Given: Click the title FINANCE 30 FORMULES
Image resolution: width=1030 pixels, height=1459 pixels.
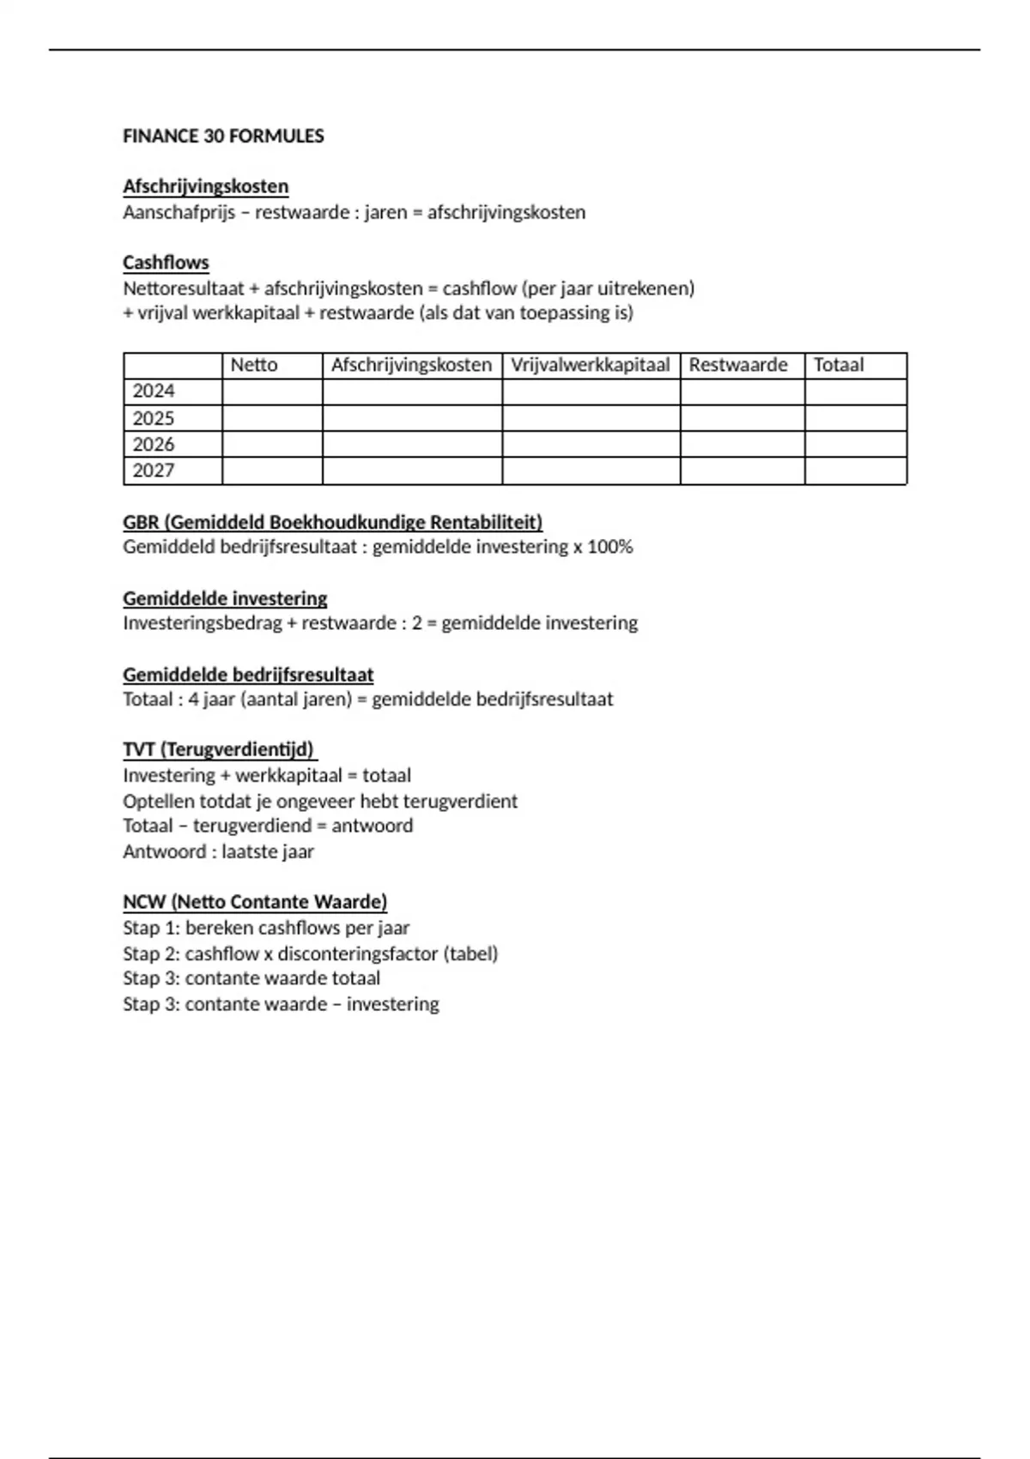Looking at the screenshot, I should (223, 136).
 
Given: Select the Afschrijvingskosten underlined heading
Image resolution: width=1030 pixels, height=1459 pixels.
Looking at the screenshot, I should (205, 186).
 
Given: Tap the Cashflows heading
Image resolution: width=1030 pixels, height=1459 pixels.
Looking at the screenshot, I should (166, 263).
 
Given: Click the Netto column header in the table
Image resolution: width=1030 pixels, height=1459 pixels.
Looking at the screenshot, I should (254, 365).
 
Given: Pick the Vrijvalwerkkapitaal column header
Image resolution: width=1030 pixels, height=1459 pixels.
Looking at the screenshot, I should (590, 365).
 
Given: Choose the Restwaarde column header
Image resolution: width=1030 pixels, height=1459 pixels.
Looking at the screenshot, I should (738, 365).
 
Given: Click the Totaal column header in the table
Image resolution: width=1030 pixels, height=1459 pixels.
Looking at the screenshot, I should (839, 365).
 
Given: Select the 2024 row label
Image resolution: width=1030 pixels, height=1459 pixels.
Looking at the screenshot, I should (154, 391).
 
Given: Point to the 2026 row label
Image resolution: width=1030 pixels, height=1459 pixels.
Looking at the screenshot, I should (154, 445).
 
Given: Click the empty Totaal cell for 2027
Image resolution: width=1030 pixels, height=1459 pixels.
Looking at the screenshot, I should (855, 471).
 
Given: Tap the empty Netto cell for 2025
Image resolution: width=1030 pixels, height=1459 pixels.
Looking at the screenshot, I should (272, 418).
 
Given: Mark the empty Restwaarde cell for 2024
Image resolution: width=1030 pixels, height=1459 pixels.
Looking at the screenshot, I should (742, 391).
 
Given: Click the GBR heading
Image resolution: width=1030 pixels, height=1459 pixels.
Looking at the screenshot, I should (332, 522).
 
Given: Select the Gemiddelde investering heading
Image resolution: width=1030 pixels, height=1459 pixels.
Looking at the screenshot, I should (225, 598).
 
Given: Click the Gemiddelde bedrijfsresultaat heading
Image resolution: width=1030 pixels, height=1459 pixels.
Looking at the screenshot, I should (248, 675).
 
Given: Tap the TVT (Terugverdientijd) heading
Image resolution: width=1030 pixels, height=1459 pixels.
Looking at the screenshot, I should (219, 749).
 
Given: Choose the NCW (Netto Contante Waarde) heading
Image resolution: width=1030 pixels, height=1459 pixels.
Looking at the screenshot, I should (255, 902).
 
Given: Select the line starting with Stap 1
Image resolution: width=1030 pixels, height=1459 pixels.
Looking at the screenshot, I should (266, 928).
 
